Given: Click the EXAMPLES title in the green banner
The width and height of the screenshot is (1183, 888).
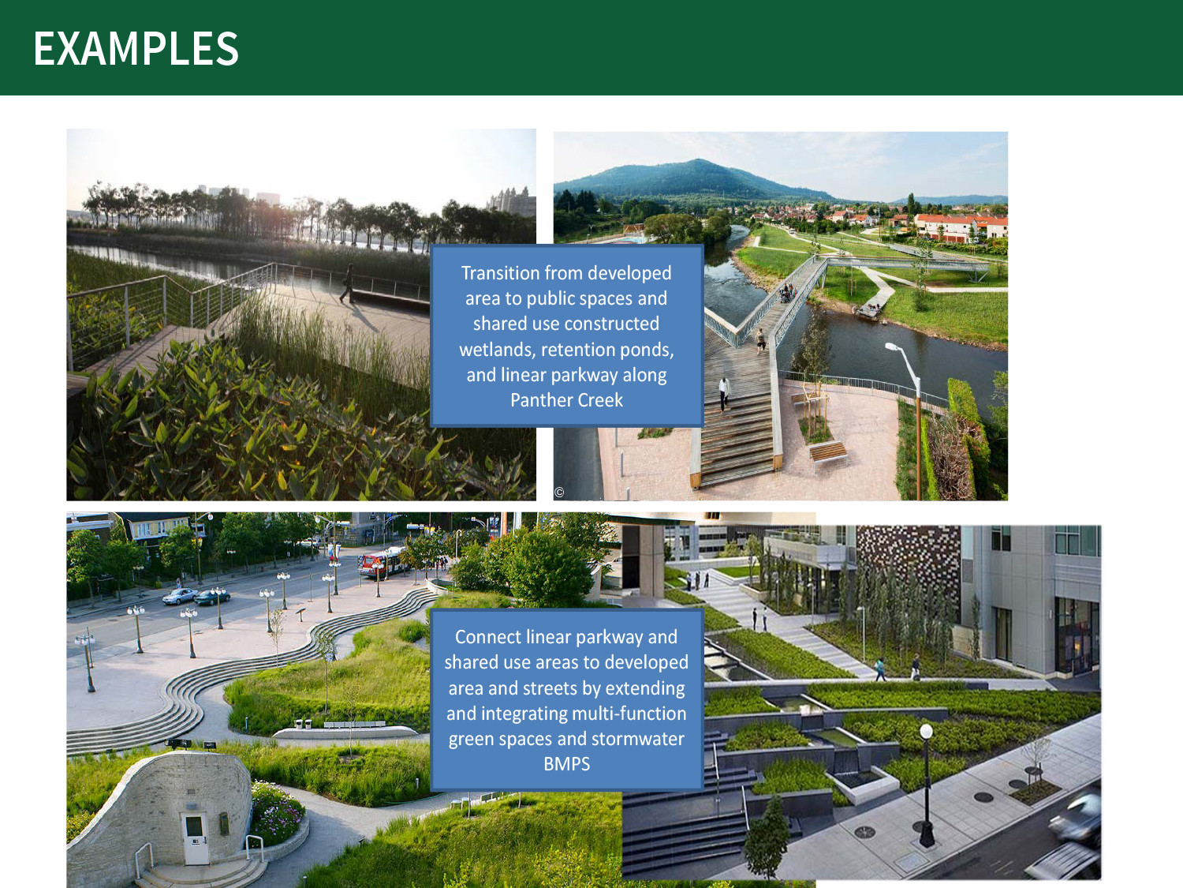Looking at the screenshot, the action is pos(136,48).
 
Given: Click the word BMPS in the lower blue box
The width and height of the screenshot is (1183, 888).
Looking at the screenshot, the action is pos(566,764).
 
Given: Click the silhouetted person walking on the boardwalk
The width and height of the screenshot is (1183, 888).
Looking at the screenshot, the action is pos(349,283).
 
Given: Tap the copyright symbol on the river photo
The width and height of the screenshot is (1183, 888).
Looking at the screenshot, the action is pos(559,493).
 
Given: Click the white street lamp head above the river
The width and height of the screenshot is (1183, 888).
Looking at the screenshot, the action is pos(893,347).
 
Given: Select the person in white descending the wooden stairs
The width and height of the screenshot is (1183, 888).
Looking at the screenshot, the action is pos(724,392).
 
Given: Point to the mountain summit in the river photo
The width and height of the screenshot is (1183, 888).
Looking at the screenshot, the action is pos(699,160).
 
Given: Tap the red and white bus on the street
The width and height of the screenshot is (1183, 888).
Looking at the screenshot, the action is pos(383,563).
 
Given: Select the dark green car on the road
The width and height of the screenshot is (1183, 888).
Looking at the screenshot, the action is pos(212,597).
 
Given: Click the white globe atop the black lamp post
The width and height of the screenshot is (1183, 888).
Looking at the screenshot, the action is pos(926,732).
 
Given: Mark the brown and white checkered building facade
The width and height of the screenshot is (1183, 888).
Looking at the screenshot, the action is pos(908,560).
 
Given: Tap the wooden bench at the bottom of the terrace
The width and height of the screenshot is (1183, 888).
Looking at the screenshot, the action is pos(828,451).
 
